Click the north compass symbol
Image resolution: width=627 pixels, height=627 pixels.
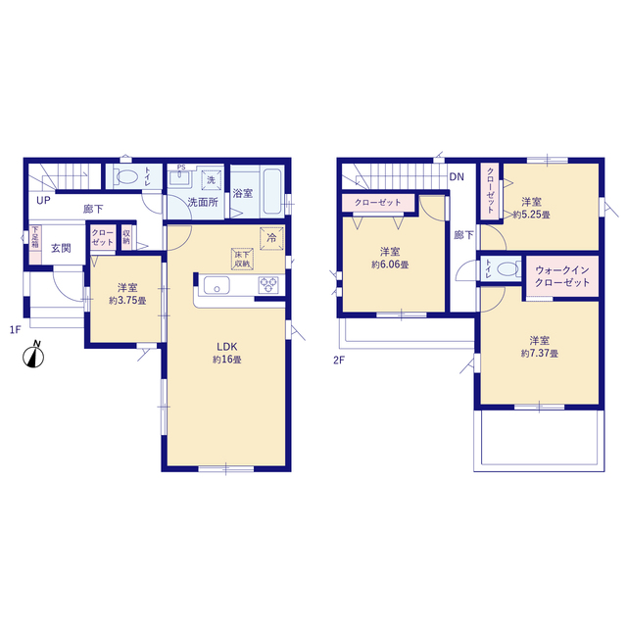[33, 355]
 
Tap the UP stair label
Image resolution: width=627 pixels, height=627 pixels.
[43, 200]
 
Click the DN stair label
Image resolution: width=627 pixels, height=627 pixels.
[457, 176]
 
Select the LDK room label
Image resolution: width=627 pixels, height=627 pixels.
[226, 346]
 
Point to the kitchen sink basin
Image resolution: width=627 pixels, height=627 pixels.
[217, 285]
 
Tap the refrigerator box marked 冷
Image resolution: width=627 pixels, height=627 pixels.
[271, 239]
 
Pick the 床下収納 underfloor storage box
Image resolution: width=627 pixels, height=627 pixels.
[242, 259]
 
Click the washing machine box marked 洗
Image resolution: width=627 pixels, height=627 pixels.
[212, 180]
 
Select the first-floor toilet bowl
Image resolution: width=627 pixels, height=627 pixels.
[126, 176]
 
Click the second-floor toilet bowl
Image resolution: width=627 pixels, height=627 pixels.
[506, 268]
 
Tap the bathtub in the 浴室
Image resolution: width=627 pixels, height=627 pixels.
[272, 191]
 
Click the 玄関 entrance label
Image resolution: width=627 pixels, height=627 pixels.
[61, 248]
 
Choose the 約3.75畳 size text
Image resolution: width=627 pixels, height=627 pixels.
[127, 301]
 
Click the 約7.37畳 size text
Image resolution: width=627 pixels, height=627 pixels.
[540, 354]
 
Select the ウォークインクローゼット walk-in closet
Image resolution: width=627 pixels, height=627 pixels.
[561, 276]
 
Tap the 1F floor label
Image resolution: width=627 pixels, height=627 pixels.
[16, 330]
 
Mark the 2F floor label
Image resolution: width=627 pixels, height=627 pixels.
[339, 361]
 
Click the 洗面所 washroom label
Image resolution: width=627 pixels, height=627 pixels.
[203, 203]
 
